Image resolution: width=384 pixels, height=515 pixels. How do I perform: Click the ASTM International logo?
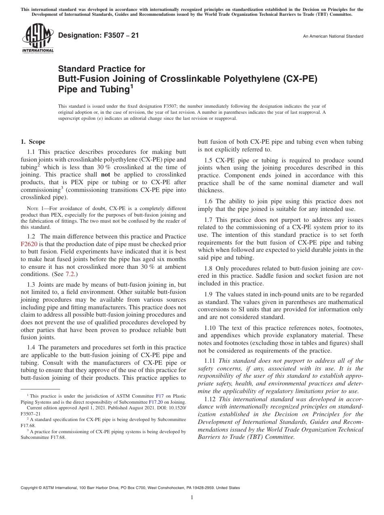point(37,38)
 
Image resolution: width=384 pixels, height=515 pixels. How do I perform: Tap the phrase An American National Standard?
point(333,36)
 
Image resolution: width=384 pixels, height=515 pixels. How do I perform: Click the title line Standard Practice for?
point(101,69)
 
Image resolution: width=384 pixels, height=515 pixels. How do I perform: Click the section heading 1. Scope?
point(33,142)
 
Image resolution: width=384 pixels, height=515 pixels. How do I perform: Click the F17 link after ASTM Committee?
point(159,396)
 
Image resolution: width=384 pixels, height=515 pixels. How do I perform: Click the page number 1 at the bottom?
point(192,498)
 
